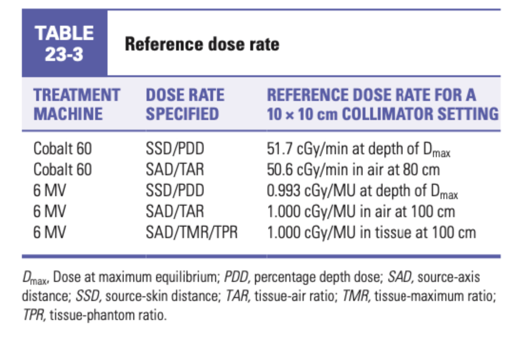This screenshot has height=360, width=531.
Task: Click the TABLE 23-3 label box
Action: coord(64,43)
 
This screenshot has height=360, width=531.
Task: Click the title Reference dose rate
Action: coord(202,44)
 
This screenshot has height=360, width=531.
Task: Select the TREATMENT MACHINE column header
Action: coord(76,104)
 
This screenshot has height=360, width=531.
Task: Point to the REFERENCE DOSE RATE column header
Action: coord(383,104)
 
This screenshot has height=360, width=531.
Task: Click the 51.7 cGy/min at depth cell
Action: coord(358,150)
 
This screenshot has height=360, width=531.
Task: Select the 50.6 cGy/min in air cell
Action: coord(353,170)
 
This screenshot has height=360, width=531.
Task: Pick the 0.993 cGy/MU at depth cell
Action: coord(362,190)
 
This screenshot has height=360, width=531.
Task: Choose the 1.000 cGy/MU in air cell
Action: coord(361,211)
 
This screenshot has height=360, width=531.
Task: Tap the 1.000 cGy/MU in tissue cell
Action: coord(371,232)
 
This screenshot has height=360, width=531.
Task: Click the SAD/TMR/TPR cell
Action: coord(191,232)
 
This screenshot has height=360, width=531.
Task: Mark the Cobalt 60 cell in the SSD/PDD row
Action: coord(62,149)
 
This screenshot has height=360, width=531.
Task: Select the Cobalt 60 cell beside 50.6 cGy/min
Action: coord(62,170)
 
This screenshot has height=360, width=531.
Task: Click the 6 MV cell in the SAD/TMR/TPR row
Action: coord(49,232)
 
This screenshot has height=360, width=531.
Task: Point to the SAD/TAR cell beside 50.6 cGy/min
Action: coord(174,170)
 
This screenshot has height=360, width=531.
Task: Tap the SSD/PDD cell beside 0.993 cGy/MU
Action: coord(175,190)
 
